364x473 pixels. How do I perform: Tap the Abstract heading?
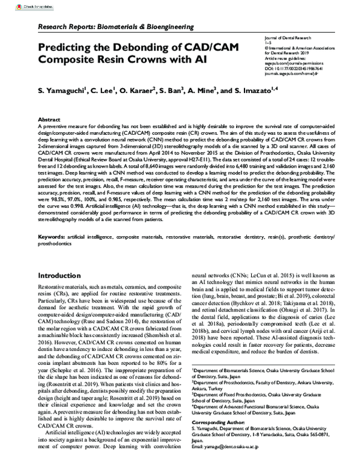[49, 120]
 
